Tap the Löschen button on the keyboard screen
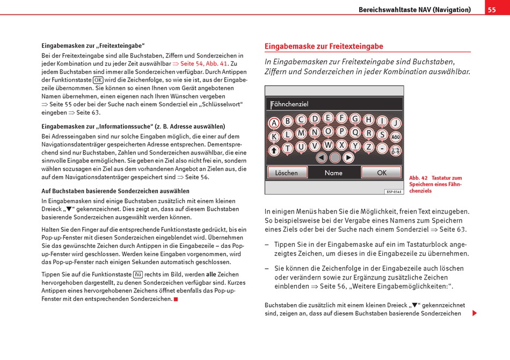pos(287,173)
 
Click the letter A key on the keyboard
pos(274,123)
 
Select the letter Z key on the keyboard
pos(369,146)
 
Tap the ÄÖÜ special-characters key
pos(396,137)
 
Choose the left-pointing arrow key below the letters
pos(321,158)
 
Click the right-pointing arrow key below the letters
pos(348,158)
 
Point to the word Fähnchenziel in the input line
pos(290,104)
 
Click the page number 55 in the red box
pos(492,10)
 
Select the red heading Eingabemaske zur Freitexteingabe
pos(324,47)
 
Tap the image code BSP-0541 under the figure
pos(394,192)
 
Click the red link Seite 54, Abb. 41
pos(205,63)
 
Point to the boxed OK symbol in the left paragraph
pos(98,80)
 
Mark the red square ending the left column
pos(176,299)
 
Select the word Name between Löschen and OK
pos(333,173)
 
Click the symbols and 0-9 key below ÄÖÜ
pos(396,151)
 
